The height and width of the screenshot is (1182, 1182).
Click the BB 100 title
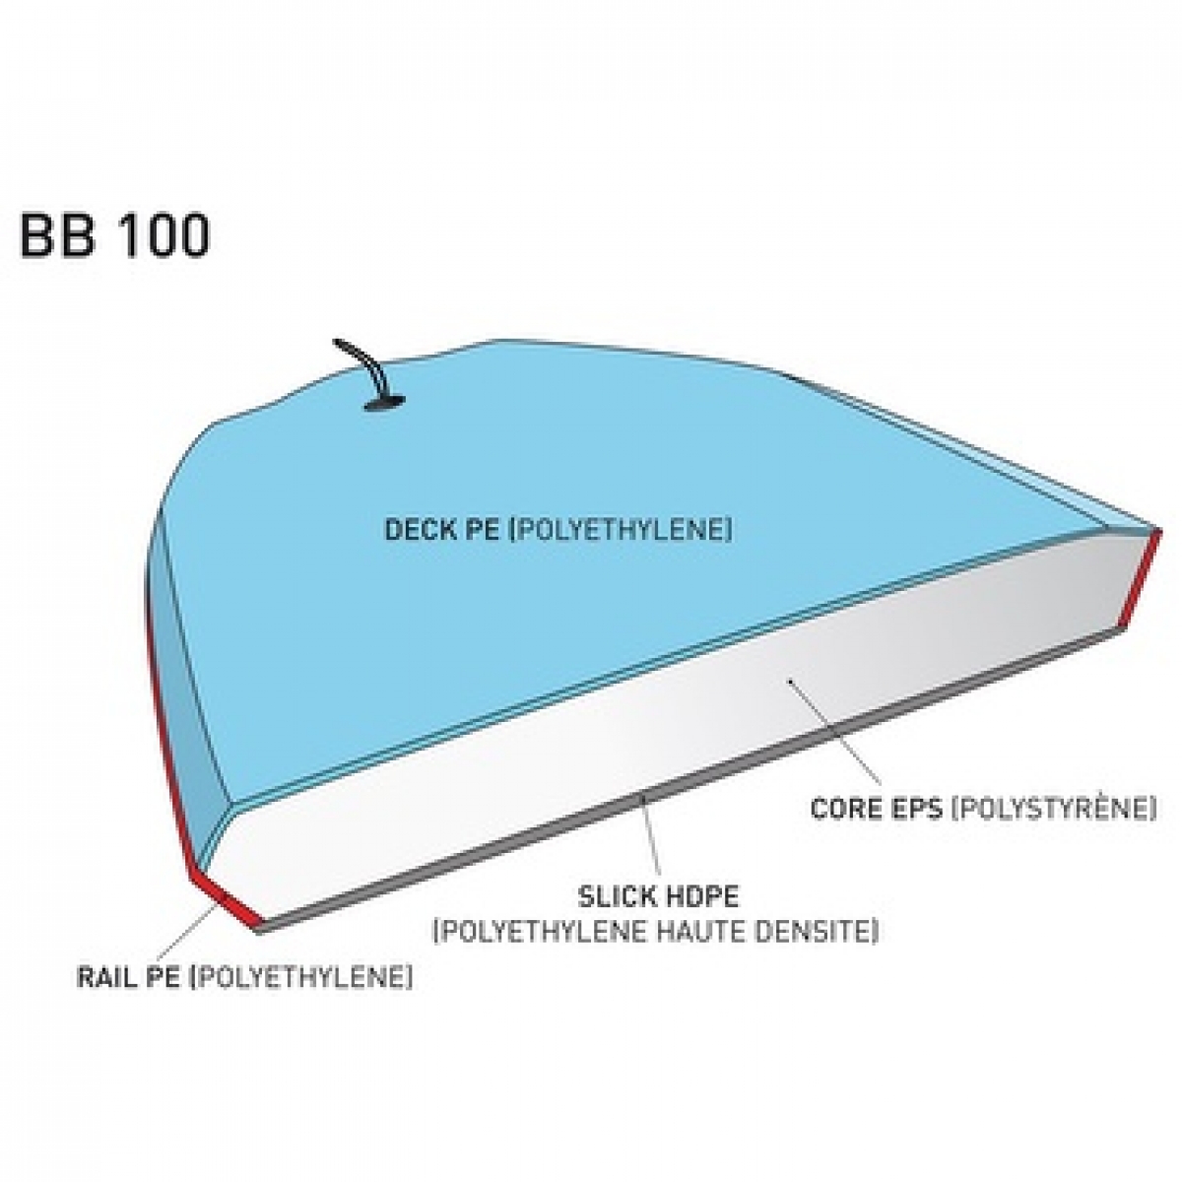[115, 235]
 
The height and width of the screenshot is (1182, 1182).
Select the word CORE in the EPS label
[841, 809]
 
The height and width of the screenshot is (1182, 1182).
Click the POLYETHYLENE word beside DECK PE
[622, 530]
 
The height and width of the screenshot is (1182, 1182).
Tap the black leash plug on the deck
[384, 403]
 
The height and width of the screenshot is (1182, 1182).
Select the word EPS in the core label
[911, 809]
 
